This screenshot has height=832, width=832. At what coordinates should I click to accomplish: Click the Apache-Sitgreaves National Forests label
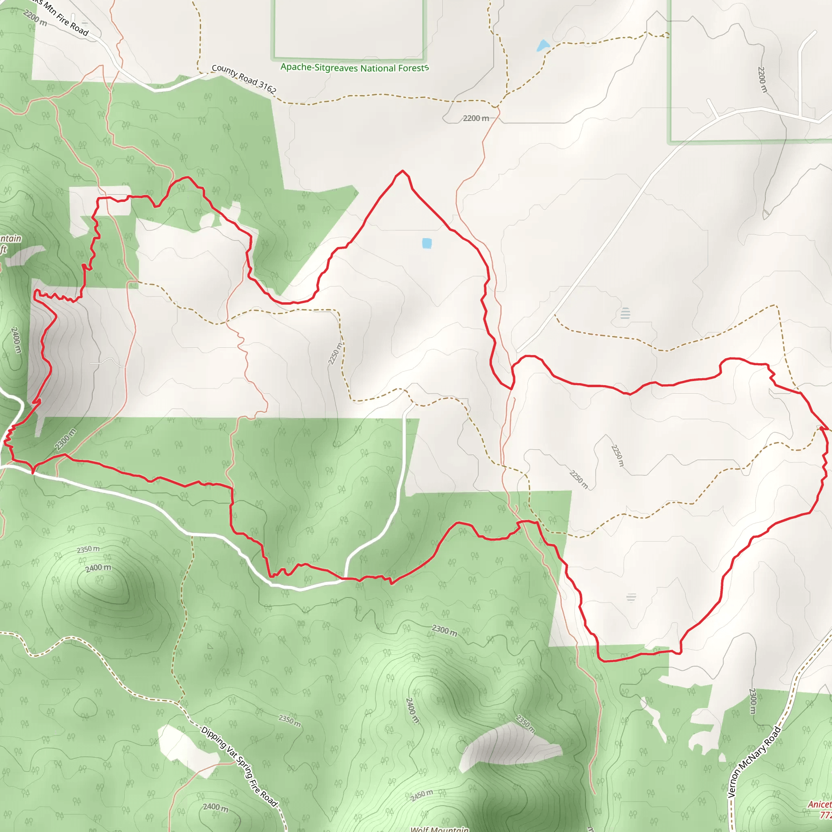pos(354,67)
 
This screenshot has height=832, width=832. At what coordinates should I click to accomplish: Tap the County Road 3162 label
pos(244,79)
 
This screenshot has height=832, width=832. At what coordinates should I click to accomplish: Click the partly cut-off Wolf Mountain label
pos(439,829)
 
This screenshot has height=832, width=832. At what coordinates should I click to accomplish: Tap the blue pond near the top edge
pos(543,45)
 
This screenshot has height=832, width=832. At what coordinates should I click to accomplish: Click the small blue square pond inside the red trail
pos(427,243)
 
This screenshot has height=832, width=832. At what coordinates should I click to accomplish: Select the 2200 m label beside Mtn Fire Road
pos(35,17)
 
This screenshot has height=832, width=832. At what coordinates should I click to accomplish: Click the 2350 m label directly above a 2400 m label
pos(88,549)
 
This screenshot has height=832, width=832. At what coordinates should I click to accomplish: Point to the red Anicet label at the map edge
pos(820,804)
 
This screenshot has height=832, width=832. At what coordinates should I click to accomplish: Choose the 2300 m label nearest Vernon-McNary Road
pos(752,701)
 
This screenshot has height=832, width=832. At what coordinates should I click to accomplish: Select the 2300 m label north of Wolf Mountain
pos(444,631)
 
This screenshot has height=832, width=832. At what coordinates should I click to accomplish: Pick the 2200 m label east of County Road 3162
pos(476,118)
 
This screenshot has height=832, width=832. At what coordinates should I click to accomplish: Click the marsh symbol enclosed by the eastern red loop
pos(631,597)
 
